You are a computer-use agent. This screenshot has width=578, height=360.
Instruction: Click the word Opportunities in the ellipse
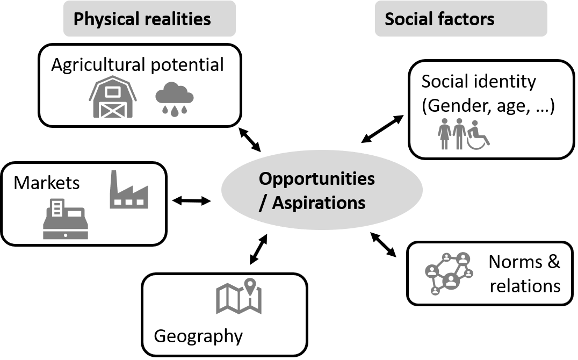tap(316, 178)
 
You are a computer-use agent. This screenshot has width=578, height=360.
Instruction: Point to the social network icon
tap(449, 273)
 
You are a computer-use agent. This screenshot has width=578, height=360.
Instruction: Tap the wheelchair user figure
tap(476, 135)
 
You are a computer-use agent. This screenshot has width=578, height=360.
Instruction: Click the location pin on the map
tap(249, 285)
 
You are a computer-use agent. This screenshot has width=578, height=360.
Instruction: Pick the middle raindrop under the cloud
tap(175, 110)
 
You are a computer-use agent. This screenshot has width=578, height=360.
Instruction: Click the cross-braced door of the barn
tap(113, 110)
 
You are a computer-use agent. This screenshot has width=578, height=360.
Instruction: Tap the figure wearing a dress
tap(445, 134)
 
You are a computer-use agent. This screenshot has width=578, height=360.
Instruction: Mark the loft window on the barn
tap(113, 91)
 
